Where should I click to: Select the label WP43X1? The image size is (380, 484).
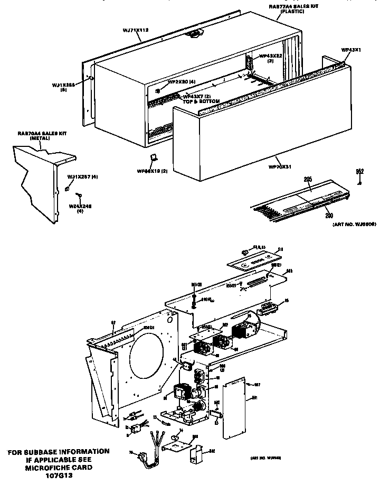pos(350,50)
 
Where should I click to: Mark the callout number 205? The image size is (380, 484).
pos(308,179)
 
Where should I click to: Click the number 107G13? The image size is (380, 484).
pos(59,474)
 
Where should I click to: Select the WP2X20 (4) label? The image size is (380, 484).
pos(182,82)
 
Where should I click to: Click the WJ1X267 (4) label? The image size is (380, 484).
pos(82,175)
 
